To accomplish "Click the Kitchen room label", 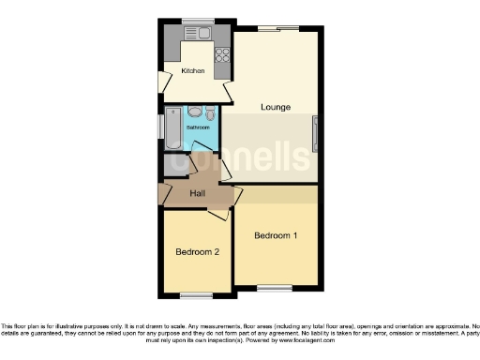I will (x=192, y=71).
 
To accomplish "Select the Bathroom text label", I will (x=197, y=127).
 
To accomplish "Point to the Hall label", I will (x=198, y=193).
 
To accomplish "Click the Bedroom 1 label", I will (x=276, y=236).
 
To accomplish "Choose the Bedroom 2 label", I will (x=197, y=251).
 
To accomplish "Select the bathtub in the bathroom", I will (x=173, y=128).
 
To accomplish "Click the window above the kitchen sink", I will (x=198, y=21).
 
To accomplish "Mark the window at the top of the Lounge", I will (x=278, y=29).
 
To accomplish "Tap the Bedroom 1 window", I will (x=275, y=287).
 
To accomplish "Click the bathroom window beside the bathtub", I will (x=161, y=129).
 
